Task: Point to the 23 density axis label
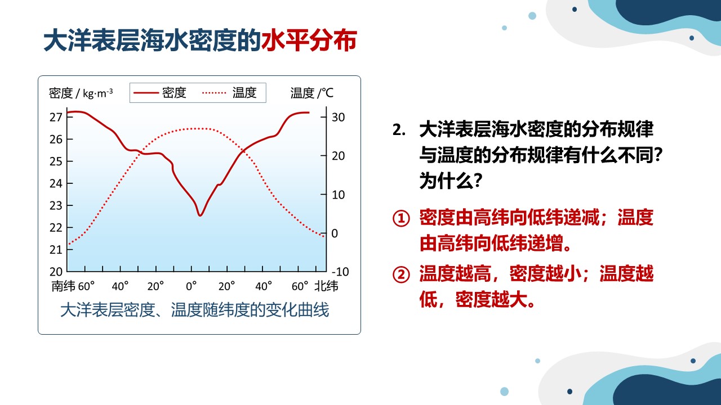pos(56,205)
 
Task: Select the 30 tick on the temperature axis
pos(323,117)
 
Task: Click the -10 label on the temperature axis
pos(340,272)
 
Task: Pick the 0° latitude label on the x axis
pos(191,286)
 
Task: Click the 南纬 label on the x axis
pos(64,286)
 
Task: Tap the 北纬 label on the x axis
pos(326,286)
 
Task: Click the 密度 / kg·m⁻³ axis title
pos(81,93)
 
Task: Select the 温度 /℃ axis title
pos(311,93)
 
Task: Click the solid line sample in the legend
pos(146,93)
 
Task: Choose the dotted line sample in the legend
pos(214,93)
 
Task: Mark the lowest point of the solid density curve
pos(200,215)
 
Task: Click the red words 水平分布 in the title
pos(309,40)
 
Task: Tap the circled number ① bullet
pos(401,219)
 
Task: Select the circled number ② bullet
pos(401,275)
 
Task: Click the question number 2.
pos(398,130)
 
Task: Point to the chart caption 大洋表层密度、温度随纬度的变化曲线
pos(194,310)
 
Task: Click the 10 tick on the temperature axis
pos(323,195)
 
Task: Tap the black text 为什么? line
pos(451,181)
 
